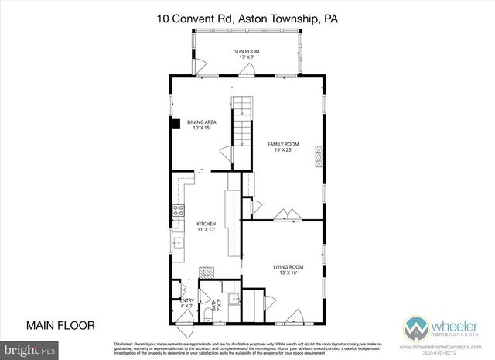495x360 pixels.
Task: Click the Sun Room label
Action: point(246,53)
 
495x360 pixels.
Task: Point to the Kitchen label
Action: point(205,226)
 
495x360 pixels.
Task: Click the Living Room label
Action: point(283,270)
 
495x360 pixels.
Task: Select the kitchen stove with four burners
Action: point(177,208)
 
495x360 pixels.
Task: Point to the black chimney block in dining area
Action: point(176,122)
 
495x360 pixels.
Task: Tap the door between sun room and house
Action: point(247,70)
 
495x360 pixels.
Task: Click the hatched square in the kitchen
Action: point(206,273)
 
